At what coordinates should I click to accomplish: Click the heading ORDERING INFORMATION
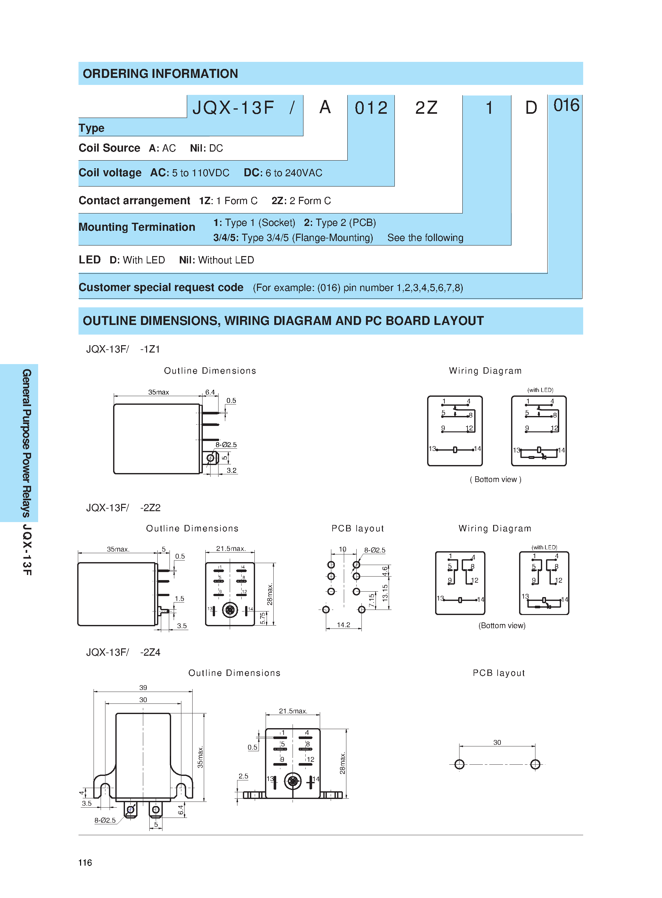[x=160, y=74]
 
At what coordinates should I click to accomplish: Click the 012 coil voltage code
[x=371, y=108]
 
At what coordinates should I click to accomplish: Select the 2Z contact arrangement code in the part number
[x=426, y=108]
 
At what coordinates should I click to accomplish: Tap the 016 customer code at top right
[x=566, y=105]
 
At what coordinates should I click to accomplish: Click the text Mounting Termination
[x=137, y=227]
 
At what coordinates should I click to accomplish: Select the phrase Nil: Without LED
[x=216, y=260]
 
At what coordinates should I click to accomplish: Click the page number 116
[x=85, y=862]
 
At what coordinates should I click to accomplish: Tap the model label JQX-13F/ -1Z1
[x=123, y=349]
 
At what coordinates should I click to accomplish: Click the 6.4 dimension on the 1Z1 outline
[x=210, y=392]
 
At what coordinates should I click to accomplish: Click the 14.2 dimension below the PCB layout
[x=343, y=625]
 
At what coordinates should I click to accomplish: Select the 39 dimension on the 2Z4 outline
[x=143, y=688]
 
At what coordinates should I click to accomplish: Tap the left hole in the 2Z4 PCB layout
[x=459, y=764]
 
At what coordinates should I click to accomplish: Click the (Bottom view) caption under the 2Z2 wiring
[x=502, y=626]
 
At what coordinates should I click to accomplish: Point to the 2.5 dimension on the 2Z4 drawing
[x=243, y=776]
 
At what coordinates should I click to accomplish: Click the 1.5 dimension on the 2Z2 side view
[x=179, y=599]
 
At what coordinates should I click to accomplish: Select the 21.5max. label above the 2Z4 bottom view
[x=293, y=711]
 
